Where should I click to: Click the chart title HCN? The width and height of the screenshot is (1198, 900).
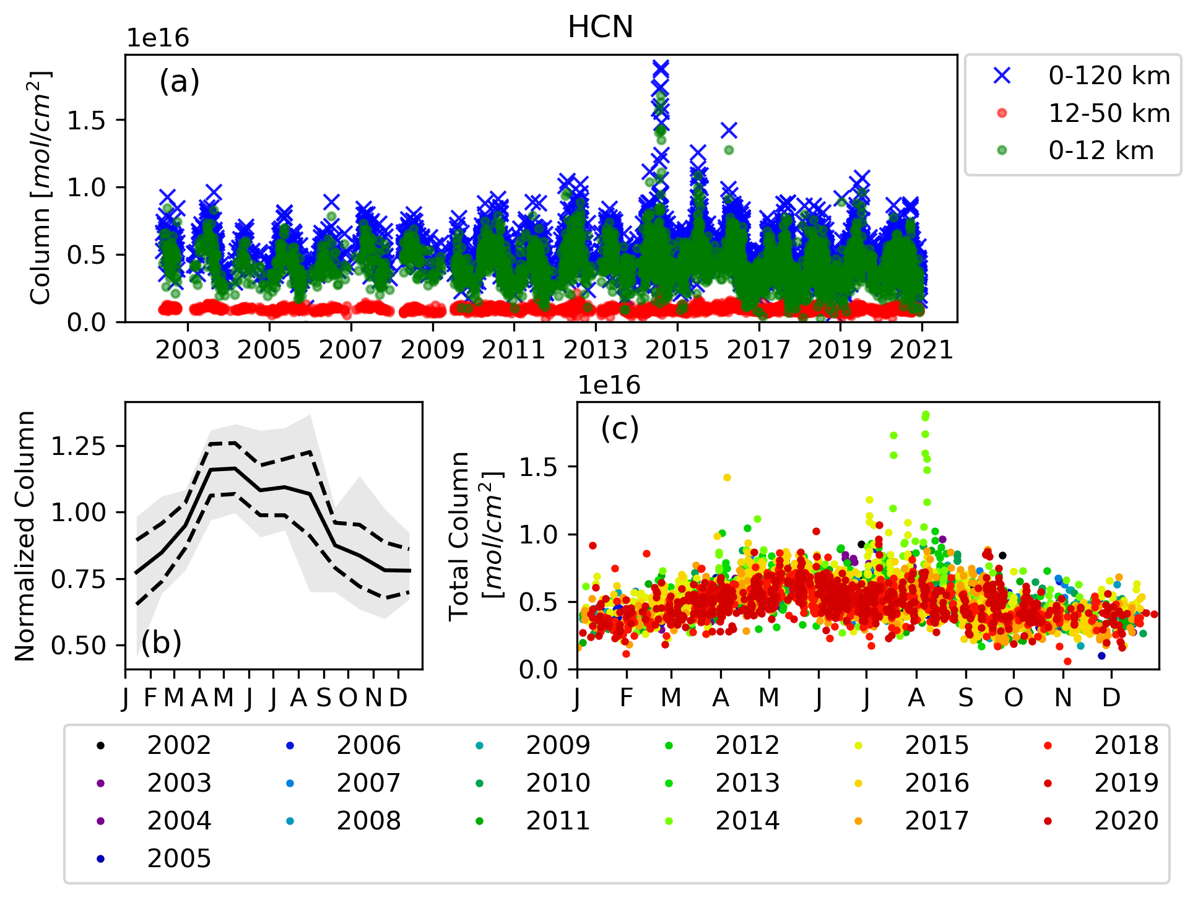[600, 27]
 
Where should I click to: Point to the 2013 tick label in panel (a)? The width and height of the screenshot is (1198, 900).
[595, 350]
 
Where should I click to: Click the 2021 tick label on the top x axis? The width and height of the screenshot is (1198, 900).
[921, 350]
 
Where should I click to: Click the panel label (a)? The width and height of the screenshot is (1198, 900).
[180, 81]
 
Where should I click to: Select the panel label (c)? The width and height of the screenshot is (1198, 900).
[619, 428]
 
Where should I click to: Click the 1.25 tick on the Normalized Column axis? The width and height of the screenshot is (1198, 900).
[79, 446]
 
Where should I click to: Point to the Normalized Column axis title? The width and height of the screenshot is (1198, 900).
[25, 536]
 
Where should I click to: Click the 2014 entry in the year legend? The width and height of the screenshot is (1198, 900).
[747, 821]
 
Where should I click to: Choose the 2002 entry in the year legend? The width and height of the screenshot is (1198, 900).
[179, 745]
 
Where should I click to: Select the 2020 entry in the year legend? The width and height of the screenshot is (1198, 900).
[1126, 821]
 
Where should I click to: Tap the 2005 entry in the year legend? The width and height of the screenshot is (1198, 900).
[179, 859]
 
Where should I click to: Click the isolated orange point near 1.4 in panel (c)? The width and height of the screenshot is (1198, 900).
[727, 477]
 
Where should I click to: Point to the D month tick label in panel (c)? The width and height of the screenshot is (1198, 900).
[1111, 698]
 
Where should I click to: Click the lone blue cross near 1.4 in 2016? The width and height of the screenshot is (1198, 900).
[729, 130]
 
